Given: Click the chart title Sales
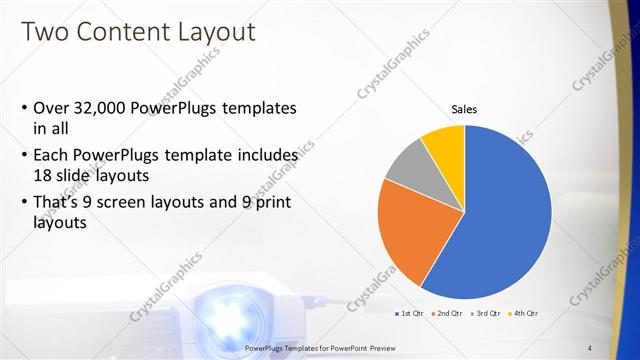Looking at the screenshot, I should [464, 109].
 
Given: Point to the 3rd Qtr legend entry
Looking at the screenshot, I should [484, 315].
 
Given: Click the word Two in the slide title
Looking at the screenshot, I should [46, 32].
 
